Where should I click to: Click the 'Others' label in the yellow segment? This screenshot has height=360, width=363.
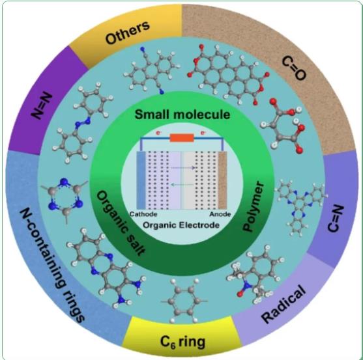[127, 32]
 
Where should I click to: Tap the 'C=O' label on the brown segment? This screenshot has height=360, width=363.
[294, 68]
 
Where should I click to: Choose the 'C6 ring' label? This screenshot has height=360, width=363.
[182, 342]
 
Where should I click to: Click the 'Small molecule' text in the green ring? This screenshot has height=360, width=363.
[182, 115]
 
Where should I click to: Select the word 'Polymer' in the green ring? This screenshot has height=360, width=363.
[253, 206]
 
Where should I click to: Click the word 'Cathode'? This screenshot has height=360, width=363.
[143, 214]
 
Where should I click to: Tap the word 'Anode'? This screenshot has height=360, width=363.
[220, 214]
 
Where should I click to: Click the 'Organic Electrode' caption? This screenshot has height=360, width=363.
[181, 225]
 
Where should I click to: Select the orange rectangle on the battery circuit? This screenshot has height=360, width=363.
[182, 138]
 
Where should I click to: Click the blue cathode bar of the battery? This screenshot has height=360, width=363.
[141, 180]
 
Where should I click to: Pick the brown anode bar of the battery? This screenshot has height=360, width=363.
[222, 180]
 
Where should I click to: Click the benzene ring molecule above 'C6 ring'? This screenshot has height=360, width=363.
[184, 301]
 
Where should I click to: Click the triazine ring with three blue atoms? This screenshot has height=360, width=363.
[65, 199]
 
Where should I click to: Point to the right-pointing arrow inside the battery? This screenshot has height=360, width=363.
[182, 168]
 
